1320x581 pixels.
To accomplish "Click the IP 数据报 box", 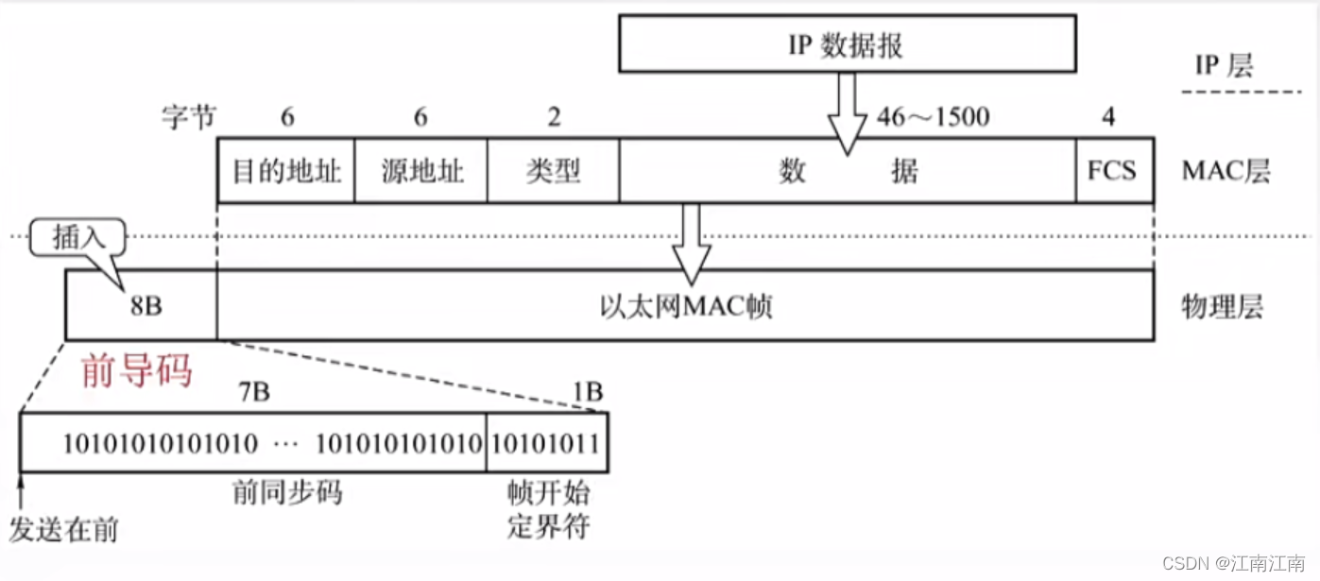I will pyautogui.click(x=847, y=44).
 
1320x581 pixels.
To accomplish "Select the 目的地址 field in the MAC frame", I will pyautogui.click(x=286, y=171).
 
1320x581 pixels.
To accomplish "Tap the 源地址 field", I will pyautogui.click(x=421, y=171).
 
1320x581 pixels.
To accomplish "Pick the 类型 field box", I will pyautogui.click(x=554, y=171).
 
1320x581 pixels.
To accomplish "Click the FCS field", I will pyautogui.click(x=1113, y=171).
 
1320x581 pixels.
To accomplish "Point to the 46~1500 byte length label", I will pyautogui.click(x=933, y=117).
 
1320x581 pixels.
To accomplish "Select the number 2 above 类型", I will pyautogui.click(x=554, y=117).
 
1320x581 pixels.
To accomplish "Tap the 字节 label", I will pyautogui.click(x=189, y=117).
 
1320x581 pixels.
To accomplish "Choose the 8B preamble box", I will pyautogui.click(x=142, y=305).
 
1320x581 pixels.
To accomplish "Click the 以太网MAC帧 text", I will pyautogui.click(x=686, y=306).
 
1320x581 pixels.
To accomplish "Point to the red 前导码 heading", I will pyautogui.click(x=137, y=371).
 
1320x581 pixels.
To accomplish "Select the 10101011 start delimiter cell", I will pyautogui.click(x=547, y=442).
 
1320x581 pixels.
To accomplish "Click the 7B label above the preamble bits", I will pyautogui.click(x=252, y=392).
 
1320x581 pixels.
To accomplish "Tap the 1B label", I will pyautogui.click(x=586, y=392).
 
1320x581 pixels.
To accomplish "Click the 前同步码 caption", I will pyautogui.click(x=287, y=492).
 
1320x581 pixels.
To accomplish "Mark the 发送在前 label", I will pyautogui.click(x=63, y=529).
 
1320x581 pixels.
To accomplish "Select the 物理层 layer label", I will pyautogui.click(x=1222, y=306).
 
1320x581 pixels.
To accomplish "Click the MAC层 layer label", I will pyautogui.click(x=1226, y=171).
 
